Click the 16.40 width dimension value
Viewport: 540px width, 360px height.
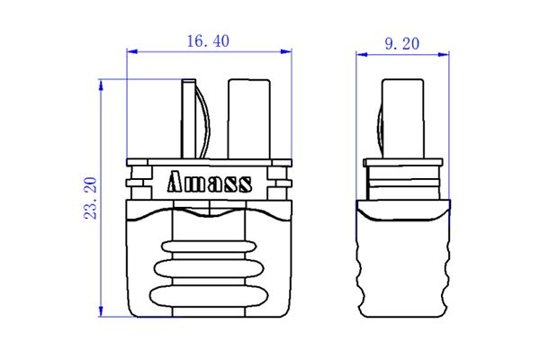click(x=208, y=41)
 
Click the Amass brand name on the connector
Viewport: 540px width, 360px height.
click(x=209, y=183)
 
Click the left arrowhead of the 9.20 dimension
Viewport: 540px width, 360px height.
click(x=362, y=54)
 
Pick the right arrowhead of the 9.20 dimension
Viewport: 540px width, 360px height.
click(x=442, y=54)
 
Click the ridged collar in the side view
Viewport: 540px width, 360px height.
click(x=402, y=180)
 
